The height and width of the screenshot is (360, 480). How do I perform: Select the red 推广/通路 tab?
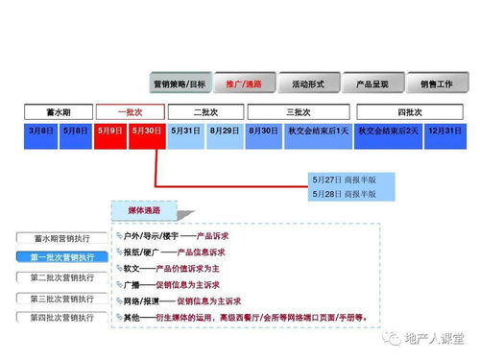click(244, 84)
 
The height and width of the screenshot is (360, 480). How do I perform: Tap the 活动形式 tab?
click(308, 84)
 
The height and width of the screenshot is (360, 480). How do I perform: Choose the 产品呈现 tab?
click(372, 84)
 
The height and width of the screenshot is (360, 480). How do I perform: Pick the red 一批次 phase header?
click(130, 112)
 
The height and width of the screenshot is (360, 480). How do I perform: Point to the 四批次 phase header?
click(410, 112)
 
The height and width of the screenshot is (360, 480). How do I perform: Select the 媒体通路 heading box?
click(144, 210)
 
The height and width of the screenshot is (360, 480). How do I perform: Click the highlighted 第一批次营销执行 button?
click(62, 257)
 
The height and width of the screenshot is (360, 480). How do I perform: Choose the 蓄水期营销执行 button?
click(62, 237)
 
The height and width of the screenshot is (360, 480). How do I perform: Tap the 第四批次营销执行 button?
click(62, 317)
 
